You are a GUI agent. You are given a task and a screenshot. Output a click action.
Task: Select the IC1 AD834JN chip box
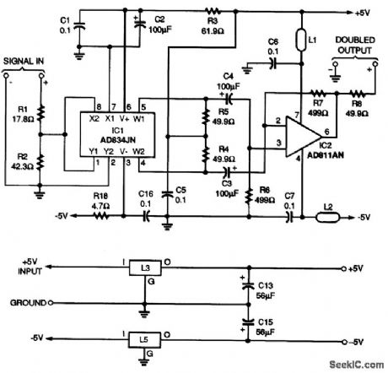115,136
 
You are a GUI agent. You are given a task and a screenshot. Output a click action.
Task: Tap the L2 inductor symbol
325,217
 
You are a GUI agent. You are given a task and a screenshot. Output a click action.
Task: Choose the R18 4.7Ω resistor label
100,200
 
